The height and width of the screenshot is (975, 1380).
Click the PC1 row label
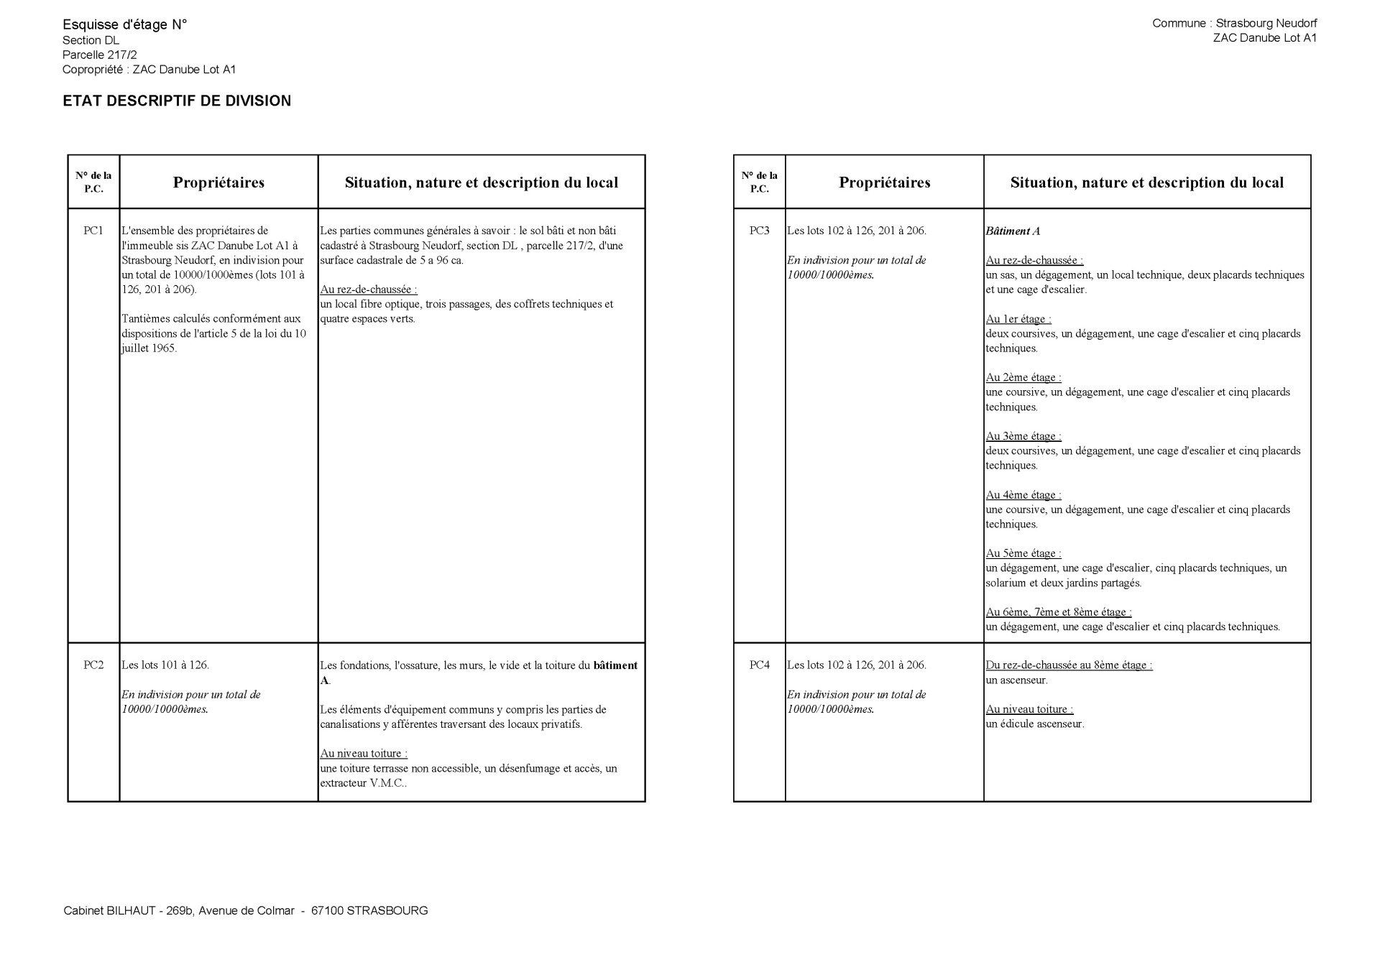pyautogui.click(x=93, y=231)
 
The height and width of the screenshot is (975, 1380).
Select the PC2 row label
pyautogui.click(x=93, y=665)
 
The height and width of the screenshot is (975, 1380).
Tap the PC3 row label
pyautogui.click(x=759, y=231)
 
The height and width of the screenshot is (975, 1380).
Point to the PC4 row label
pyautogui.click(x=759, y=665)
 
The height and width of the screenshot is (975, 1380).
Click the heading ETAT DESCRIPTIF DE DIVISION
pyautogui.click(x=177, y=101)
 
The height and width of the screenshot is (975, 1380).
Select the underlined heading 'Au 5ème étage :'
pyautogui.click(x=1023, y=553)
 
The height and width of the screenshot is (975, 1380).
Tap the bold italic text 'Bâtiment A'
pyautogui.click(x=1013, y=231)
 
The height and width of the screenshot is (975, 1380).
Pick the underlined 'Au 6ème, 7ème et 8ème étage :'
pyautogui.click(x=1058, y=612)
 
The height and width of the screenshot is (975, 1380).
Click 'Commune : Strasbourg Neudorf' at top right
pyautogui.click(x=1234, y=23)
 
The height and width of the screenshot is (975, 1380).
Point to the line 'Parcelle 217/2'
pyautogui.click(x=99, y=55)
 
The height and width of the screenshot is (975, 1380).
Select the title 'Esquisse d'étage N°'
pyautogui.click(x=124, y=25)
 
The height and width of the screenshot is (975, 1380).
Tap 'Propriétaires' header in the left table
pyautogui.click(x=218, y=182)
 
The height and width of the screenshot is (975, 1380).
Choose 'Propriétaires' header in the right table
pyautogui.click(x=884, y=182)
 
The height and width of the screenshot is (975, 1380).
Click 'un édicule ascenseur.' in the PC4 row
pyautogui.click(x=1034, y=724)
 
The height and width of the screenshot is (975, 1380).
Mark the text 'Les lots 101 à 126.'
pyautogui.click(x=165, y=665)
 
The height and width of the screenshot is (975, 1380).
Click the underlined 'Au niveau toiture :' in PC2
pyautogui.click(x=364, y=754)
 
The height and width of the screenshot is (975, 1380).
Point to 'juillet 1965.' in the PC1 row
pyautogui.click(x=149, y=348)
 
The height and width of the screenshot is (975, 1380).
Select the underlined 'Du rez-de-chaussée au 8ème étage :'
pyautogui.click(x=1069, y=665)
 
